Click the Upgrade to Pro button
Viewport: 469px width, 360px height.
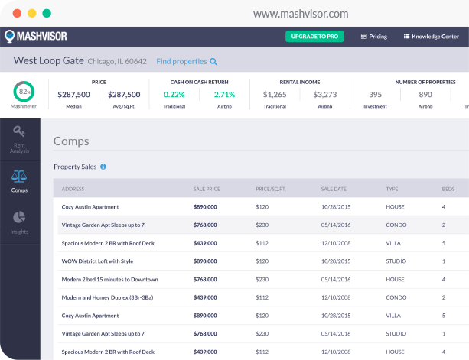314,36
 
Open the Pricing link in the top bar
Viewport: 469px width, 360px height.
373,36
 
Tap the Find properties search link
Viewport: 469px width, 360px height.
187,61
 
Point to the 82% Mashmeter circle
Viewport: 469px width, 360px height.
23,92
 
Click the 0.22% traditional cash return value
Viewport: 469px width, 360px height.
174,95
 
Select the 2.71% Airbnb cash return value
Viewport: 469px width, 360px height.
225,95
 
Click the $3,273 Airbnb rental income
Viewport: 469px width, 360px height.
325,95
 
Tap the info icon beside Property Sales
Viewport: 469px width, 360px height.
103,167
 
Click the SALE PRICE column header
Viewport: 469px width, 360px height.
207,189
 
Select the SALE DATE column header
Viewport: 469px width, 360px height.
334,189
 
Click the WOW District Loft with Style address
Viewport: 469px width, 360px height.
98,261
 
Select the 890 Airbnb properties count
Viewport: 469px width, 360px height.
425,95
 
